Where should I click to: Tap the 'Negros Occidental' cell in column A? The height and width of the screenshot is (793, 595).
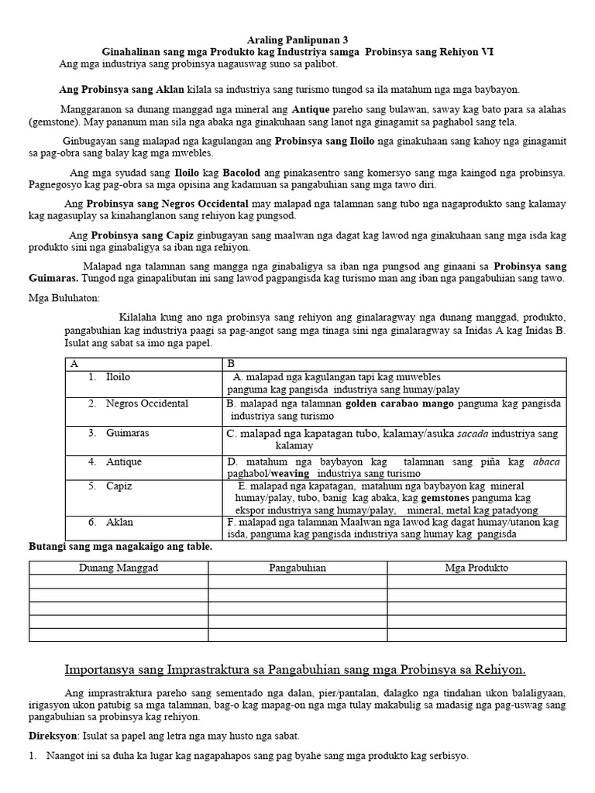tap(147, 403)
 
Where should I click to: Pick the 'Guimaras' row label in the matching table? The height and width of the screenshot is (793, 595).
tap(127, 434)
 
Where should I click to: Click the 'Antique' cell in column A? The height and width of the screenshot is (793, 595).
tap(124, 462)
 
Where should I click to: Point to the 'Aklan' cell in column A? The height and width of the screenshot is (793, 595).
tap(119, 523)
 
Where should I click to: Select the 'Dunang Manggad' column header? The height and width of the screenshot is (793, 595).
tap(119, 568)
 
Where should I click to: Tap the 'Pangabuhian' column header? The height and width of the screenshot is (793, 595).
tap(297, 568)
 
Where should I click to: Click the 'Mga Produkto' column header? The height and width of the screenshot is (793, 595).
tap(476, 568)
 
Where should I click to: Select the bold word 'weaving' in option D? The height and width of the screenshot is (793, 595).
tap(290, 473)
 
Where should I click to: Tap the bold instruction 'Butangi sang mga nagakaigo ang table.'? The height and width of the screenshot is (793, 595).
tap(120, 547)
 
